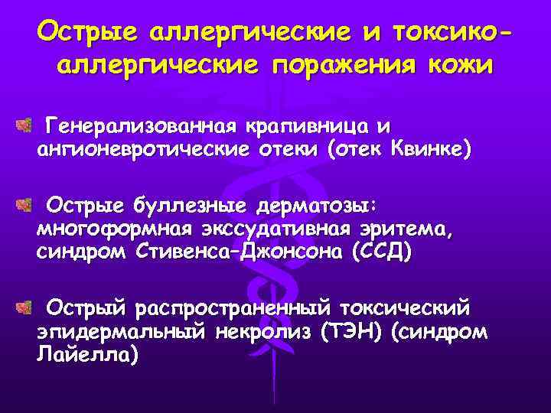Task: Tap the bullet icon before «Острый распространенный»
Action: tap(23, 308)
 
